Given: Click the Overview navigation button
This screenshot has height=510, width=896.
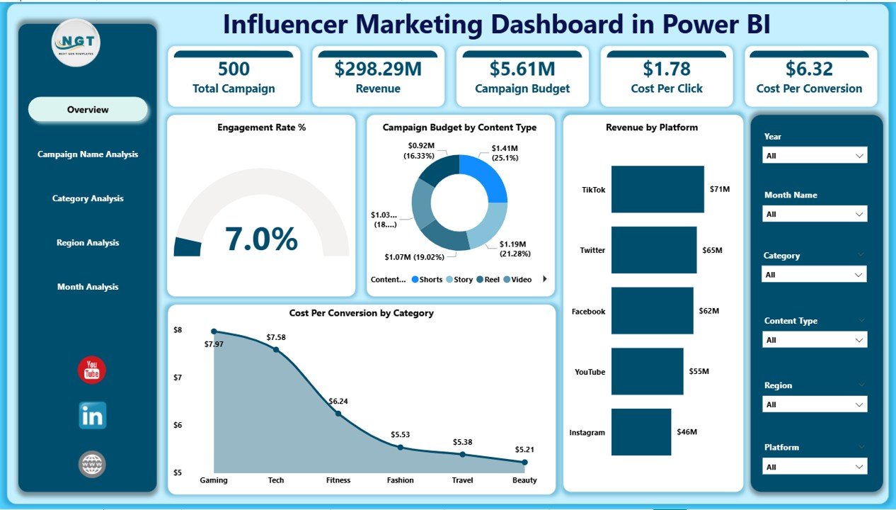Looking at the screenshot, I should (88, 110).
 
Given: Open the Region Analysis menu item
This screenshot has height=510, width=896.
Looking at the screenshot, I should (88, 243).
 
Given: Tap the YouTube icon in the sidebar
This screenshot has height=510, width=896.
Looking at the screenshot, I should (91, 370).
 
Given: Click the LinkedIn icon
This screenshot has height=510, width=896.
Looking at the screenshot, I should (92, 416).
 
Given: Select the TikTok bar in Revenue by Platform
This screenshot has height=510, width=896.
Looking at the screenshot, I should (657, 189).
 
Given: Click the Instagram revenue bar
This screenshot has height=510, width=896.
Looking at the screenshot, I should (641, 432).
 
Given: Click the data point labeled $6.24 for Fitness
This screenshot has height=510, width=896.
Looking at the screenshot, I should (338, 413).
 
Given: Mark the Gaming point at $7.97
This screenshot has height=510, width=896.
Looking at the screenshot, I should (214, 331).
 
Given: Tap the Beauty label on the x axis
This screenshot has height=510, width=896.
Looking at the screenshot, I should (524, 480).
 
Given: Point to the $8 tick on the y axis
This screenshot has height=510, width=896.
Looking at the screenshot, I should (178, 330).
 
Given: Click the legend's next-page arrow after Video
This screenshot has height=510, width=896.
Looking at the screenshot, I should (545, 279).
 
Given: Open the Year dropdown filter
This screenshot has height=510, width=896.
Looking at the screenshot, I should (815, 156).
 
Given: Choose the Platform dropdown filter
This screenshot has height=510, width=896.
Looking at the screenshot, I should (815, 467).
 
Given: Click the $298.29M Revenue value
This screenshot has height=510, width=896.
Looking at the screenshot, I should (378, 69).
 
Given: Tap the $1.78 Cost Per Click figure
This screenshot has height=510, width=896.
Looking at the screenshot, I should (666, 69).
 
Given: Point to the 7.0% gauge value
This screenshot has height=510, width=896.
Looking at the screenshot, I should (261, 239).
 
